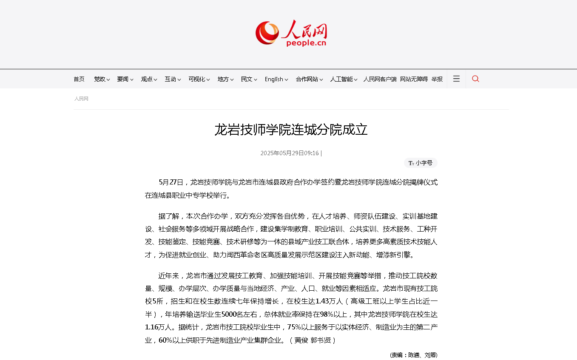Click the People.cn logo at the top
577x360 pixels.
[x=291, y=33]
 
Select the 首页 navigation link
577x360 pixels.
[x=79, y=79]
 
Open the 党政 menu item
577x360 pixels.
[x=100, y=79]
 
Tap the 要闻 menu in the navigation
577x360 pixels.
[x=123, y=79]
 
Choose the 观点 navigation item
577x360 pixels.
[x=147, y=79]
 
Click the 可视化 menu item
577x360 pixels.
[x=197, y=79]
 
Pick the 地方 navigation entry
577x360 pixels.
[x=224, y=79]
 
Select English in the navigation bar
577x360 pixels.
[x=274, y=79]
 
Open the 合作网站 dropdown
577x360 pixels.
[x=307, y=79]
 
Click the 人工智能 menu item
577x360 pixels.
[x=342, y=79]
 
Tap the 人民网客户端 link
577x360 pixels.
[x=380, y=79]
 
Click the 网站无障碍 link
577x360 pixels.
[x=414, y=79]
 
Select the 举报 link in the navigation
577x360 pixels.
[x=437, y=79]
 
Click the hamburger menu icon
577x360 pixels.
[x=456, y=79]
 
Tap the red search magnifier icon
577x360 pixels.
[x=475, y=79]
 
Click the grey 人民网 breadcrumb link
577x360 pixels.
[x=81, y=99]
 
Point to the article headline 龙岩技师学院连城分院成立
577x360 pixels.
[x=291, y=130]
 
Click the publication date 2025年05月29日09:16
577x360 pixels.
[x=290, y=153]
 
